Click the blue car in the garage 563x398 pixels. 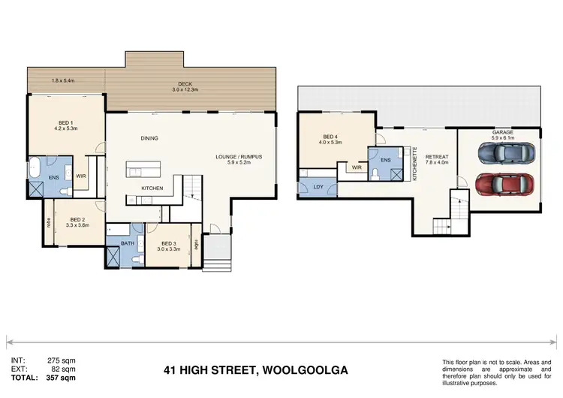(504, 153)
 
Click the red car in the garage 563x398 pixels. (504, 184)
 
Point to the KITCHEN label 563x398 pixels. (154, 188)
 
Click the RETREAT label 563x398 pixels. (437, 156)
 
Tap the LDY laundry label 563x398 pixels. (308, 185)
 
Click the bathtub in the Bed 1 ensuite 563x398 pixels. (35, 167)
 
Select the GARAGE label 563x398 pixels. (503, 131)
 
